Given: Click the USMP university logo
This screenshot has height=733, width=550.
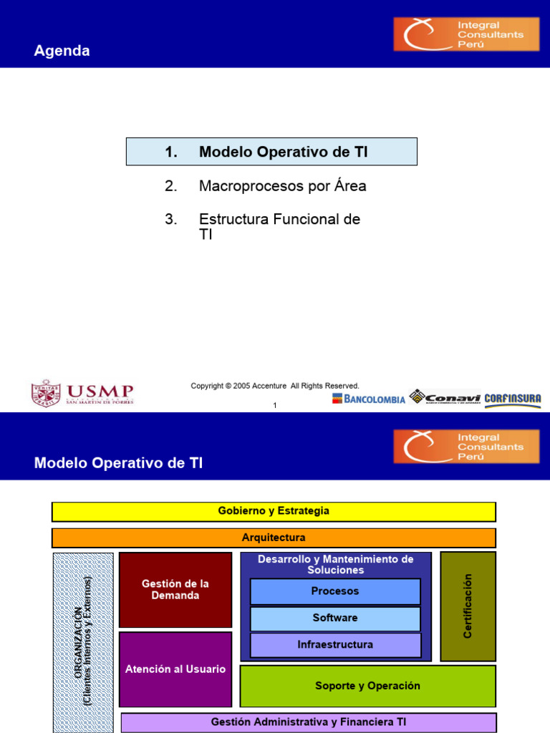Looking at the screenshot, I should tap(82, 393).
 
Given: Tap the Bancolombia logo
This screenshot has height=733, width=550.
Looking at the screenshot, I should tap(368, 399).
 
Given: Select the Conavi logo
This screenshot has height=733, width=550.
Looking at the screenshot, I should tap(445, 398).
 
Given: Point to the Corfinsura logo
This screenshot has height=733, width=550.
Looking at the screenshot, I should tap(513, 399).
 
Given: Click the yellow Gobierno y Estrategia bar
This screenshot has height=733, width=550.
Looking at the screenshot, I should tap(274, 511).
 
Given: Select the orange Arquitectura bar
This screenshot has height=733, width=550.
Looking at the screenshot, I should tap(274, 538).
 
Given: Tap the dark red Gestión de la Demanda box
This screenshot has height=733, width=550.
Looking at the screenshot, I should tap(175, 589).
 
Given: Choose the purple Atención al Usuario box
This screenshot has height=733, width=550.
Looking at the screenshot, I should tap(175, 669).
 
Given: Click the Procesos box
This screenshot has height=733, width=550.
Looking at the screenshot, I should tap(335, 591).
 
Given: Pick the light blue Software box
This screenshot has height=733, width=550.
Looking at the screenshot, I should tap(335, 618).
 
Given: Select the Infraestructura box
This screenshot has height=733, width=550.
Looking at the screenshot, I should tap(335, 644).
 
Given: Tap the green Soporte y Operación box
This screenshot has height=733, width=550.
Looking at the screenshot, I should tap(367, 686).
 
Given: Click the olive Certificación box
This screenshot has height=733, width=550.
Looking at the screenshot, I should tap(468, 606).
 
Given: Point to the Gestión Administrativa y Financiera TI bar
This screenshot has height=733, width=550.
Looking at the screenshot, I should tap(308, 722).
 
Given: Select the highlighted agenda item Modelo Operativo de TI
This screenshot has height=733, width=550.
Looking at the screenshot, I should tap(271, 152).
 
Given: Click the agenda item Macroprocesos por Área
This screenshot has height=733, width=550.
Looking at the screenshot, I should tap(282, 186).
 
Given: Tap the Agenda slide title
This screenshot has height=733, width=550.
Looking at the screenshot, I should tap(62, 51).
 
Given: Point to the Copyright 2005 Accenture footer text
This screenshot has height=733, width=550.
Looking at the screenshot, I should tap(275, 386).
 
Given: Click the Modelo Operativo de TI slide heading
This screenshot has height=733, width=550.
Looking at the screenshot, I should tap(119, 463).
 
